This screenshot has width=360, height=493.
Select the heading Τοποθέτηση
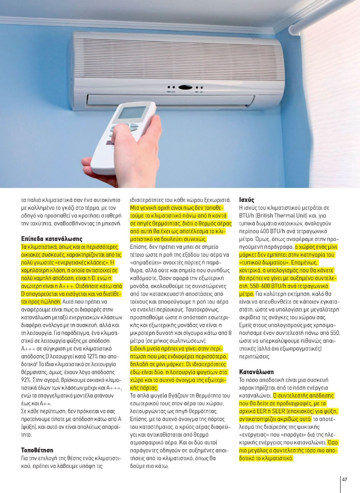[37, 450]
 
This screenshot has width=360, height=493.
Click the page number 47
[345, 480]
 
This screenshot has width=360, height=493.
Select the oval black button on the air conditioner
[185, 87]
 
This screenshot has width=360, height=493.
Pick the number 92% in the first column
[27, 380]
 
